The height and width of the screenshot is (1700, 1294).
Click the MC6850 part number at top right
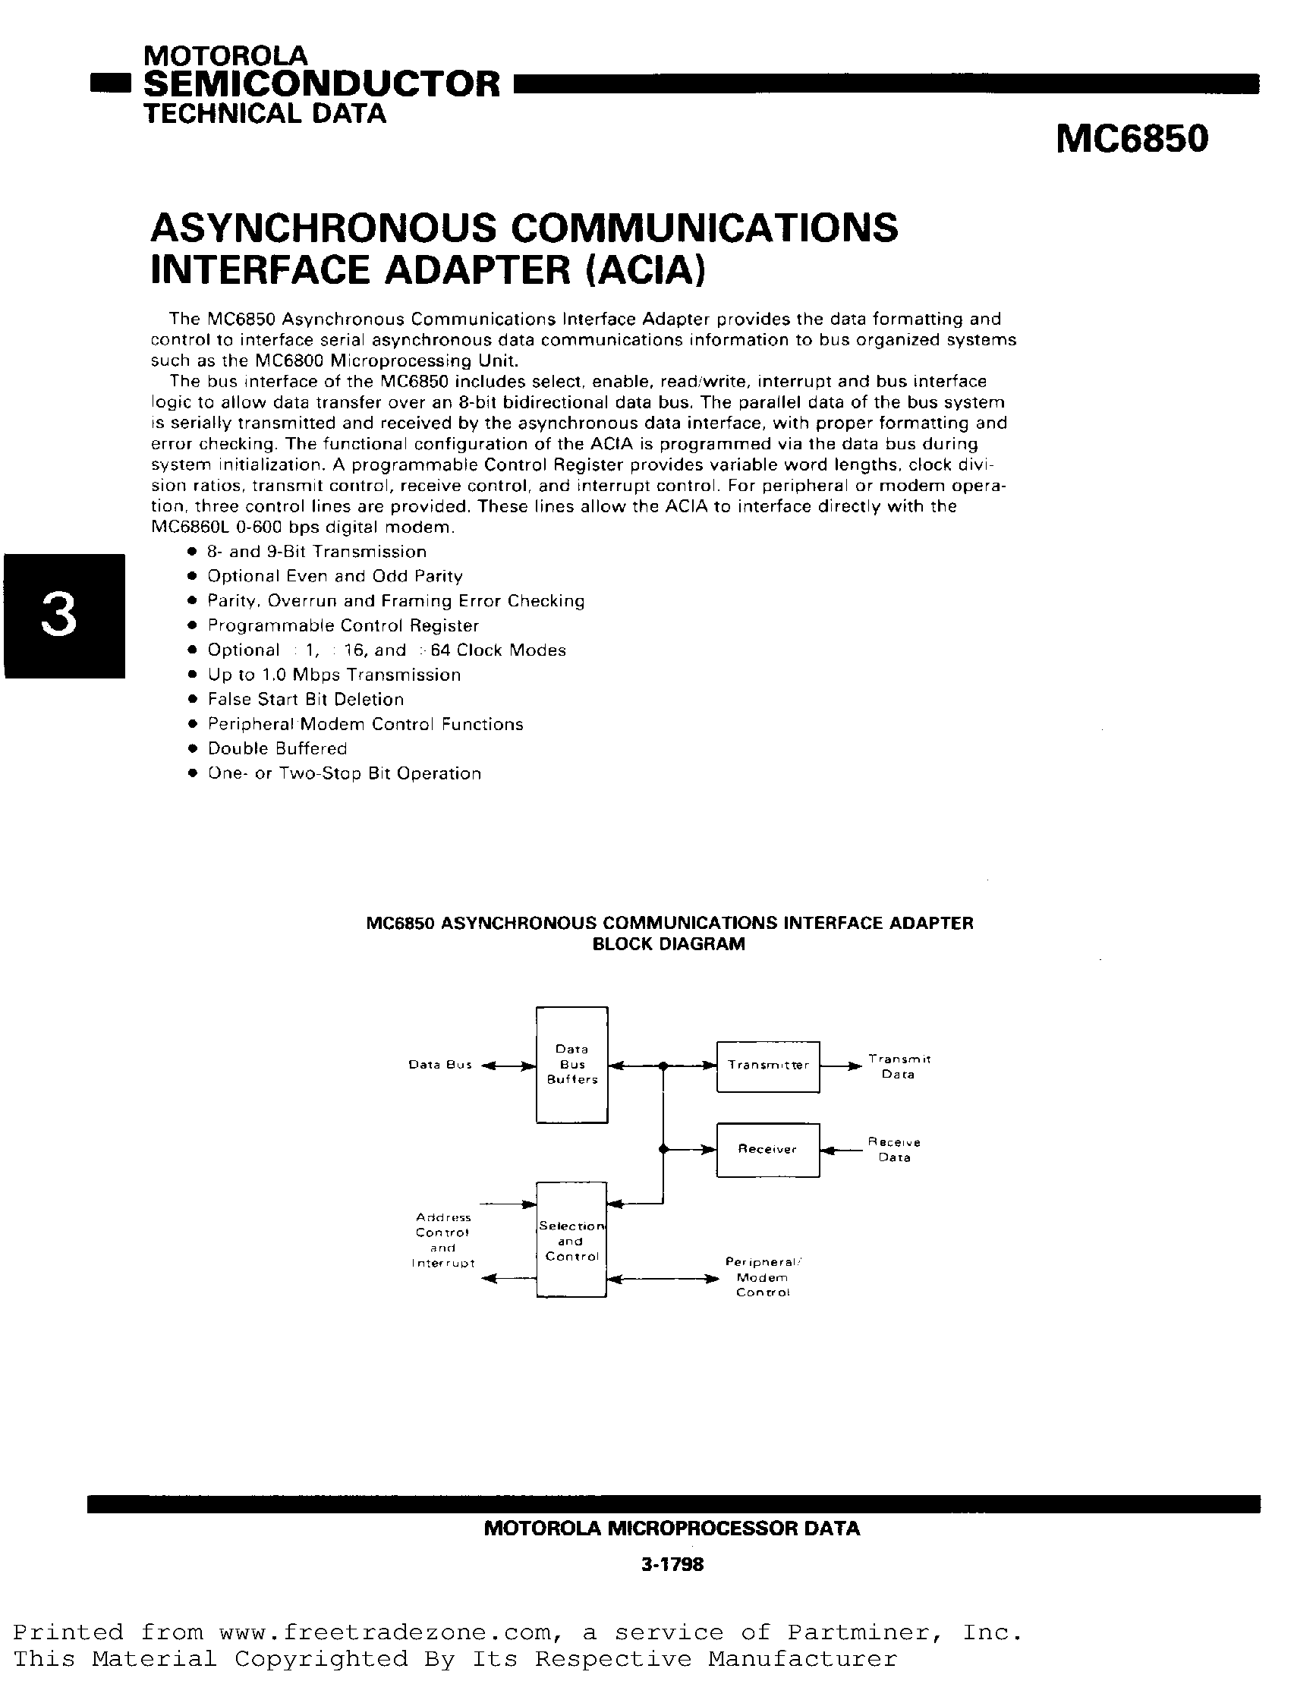[x=1132, y=140]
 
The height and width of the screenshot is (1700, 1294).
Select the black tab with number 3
[x=63, y=616]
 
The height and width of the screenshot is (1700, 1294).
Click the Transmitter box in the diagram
[x=768, y=1066]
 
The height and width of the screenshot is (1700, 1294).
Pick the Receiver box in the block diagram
[x=768, y=1149]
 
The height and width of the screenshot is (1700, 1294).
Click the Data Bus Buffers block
[x=572, y=1065]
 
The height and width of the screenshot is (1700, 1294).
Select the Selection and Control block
[x=571, y=1241]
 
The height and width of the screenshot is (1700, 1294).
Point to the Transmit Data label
[x=899, y=1066]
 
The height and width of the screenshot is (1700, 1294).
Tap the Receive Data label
[x=894, y=1149]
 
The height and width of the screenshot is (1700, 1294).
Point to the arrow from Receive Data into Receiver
[x=841, y=1151]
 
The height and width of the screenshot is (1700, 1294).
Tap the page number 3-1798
[x=672, y=1564]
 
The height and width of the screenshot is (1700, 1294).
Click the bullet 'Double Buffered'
[x=277, y=749]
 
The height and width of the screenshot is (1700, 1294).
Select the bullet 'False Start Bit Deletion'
[x=306, y=700]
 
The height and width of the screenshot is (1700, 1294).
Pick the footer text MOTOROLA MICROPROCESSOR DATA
[x=672, y=1528]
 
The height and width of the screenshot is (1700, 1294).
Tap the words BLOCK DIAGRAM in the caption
[x=669, y=944]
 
